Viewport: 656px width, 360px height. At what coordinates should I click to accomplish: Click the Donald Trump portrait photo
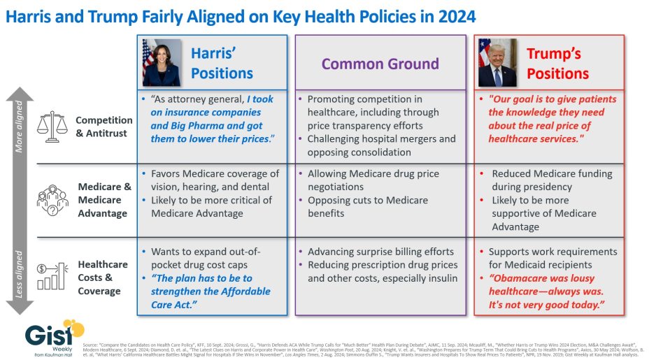[497, 62]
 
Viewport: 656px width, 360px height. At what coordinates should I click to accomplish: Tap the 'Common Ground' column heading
[380, 64]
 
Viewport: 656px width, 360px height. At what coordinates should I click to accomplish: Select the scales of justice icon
[50, 126]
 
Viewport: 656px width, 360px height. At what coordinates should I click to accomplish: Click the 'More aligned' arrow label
[19, 126]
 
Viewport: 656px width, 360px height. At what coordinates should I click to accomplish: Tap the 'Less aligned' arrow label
[19, 274]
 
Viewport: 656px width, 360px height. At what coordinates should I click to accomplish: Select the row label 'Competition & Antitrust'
[104, 126]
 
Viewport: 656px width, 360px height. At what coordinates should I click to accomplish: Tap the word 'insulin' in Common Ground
[441, 278]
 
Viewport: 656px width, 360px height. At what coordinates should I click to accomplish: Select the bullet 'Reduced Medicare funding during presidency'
[551, 180]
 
